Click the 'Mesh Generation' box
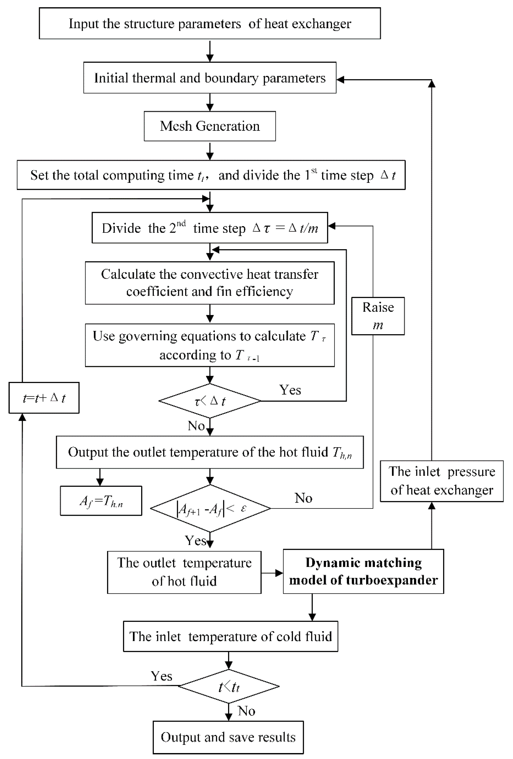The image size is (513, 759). [210, 126]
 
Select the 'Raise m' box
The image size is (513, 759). [378, 316]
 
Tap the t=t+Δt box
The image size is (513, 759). [44, 398]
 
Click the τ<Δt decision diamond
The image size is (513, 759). [210, 401]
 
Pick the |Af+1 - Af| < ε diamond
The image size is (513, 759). [210, 508]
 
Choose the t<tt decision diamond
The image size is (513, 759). [229, 686]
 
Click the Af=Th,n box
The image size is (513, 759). [101, 501]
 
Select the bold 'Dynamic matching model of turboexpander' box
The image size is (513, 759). [363, 571]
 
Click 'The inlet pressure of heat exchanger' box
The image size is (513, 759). [441, 481]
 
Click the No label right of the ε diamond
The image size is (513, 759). [303, 498]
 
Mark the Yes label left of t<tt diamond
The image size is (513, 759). [161, 676]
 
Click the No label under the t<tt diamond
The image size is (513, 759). [246, 711]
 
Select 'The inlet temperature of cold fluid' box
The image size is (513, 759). [230, 637]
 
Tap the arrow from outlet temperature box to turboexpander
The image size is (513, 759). [272, 573]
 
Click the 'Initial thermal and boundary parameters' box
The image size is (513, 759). [210, 78]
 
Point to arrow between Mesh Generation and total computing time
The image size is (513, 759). [210, 151]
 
